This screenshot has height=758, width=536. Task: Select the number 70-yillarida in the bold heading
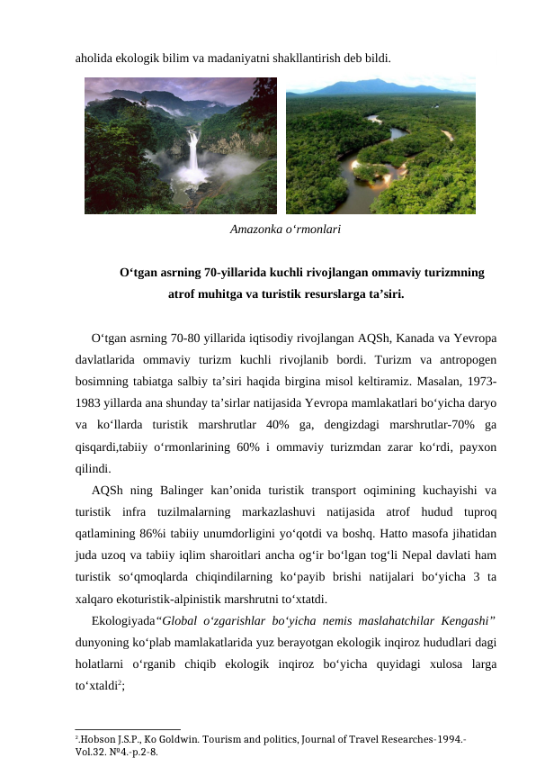coord(236,272)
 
